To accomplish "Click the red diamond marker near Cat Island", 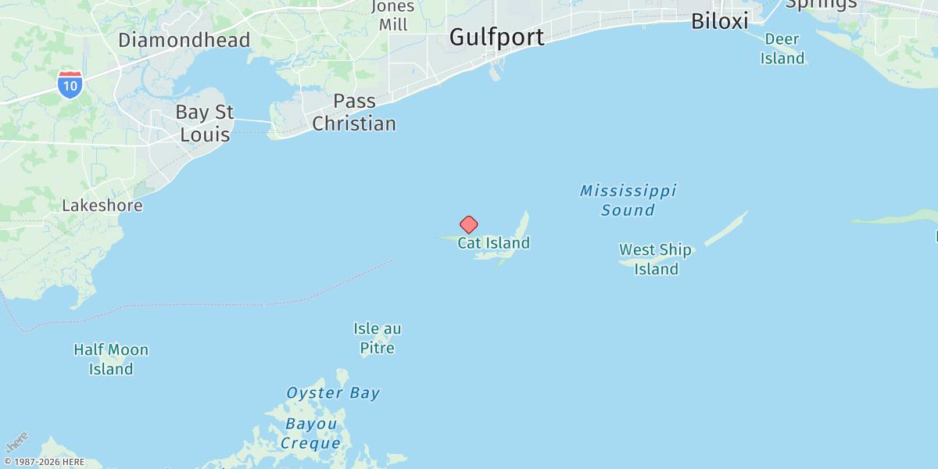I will pos(468,225).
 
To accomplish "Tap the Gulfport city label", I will pos(497,37).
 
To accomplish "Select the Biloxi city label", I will pos(719,21).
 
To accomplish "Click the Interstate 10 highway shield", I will pos(70,84).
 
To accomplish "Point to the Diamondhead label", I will pos(184,40).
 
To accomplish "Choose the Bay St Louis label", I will pos(205,124).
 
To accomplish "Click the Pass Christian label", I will pos(354,113).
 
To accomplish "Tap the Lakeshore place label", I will pos(102,206).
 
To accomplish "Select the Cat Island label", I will pos(493,243).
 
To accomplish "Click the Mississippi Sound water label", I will pos(628,200).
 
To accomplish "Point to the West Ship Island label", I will pos(655,260).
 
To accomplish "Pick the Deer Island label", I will pos(783,48).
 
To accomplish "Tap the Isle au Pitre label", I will pos(378,338).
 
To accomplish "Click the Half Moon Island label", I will pos(111,360).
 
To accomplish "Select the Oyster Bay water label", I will pos(333,393).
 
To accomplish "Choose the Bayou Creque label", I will pos(311,434).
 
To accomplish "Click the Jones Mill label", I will pos(393,16).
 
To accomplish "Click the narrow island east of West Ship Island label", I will pos(726,227).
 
